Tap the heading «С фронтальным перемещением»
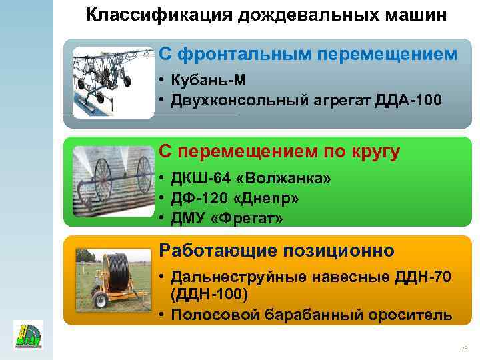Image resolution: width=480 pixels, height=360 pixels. click(308, 55)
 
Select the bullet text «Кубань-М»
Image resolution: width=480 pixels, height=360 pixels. click(208, 81)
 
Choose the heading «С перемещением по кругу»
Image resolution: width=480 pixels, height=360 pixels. click(279, 152)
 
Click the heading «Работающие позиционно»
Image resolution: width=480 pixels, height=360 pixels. click(277, 251)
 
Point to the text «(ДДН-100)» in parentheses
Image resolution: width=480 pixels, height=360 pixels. click(209, 295)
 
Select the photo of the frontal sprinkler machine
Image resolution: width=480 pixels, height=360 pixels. click(113, 81)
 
